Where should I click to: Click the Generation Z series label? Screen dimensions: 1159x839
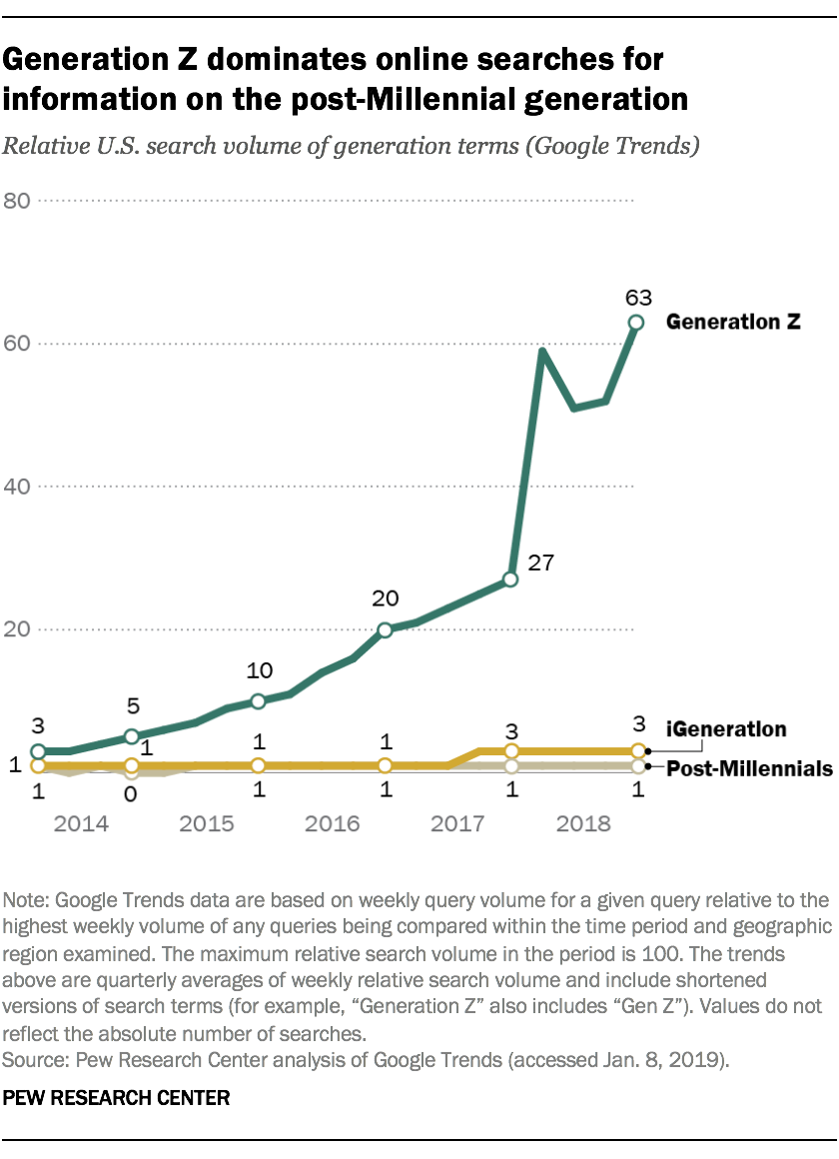tap(734, 322)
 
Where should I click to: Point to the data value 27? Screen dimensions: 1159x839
tap(540, 563)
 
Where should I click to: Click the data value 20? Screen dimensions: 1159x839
tap(386, 599)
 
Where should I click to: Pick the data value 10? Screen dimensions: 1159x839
tap(259, 670)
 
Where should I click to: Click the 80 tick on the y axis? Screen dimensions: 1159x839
tap(17, 201)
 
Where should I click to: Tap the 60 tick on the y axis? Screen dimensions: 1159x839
tap(17, 344)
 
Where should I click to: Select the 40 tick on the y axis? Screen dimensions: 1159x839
tap(17, 487)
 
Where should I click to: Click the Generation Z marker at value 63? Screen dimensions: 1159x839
tap(635, 322)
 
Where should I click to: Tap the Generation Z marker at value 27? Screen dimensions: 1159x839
tap(510, 579)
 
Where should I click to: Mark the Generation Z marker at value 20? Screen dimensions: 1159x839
tap(385, 629)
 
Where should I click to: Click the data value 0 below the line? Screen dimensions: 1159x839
tap(130, 793)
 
